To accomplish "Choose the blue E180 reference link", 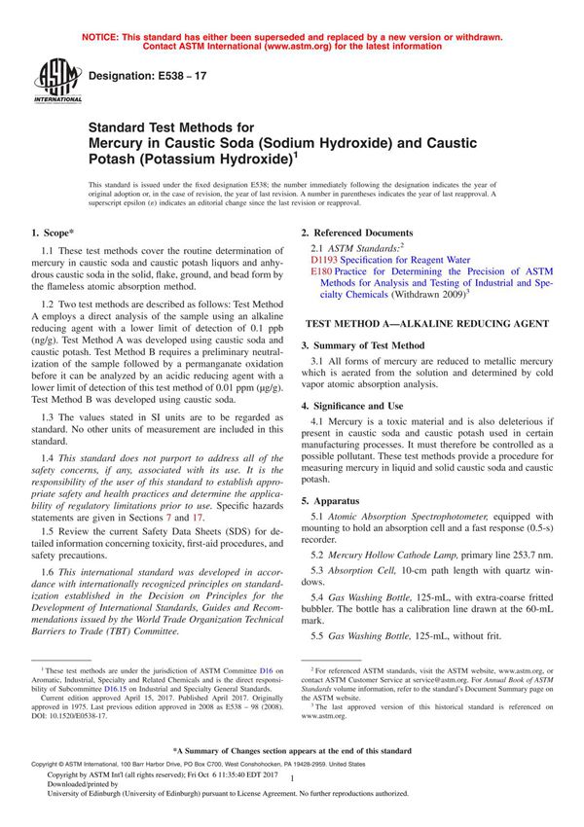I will [x=321, y=272].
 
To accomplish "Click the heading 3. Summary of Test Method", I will [x=362, y=345].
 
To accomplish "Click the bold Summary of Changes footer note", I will [x=292, y=751].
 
